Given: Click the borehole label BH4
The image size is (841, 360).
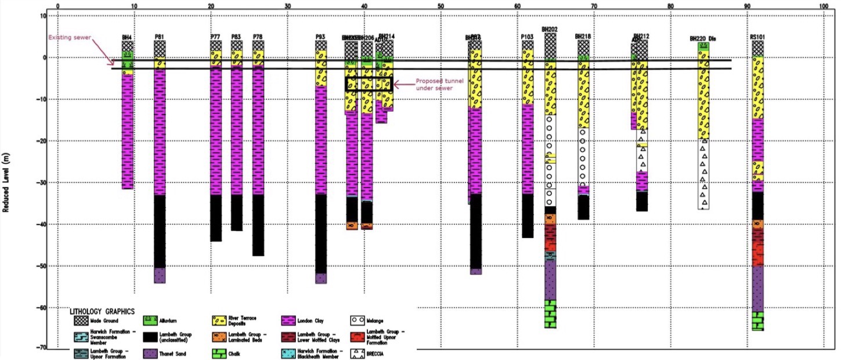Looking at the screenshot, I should coord(127,37).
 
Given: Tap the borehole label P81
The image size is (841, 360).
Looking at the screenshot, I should coord(159,37).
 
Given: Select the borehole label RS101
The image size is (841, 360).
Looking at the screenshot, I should coord(757,37).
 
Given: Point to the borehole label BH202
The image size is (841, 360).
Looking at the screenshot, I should coord(550,29).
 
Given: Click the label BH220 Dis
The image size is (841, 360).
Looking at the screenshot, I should coord(703,39).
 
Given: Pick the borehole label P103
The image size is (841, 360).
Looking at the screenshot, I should coord(527,37).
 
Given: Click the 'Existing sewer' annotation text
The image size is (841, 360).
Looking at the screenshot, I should coord(70,38).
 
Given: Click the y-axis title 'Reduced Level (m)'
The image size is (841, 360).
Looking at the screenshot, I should coord(6,181).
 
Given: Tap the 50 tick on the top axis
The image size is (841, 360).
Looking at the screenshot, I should coord(441,6).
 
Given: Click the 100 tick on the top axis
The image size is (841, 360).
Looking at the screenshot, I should coord(824,6).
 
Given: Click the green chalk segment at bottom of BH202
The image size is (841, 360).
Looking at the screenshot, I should coord(550,314).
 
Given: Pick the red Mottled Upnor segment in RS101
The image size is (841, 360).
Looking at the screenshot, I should coord(758,247).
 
